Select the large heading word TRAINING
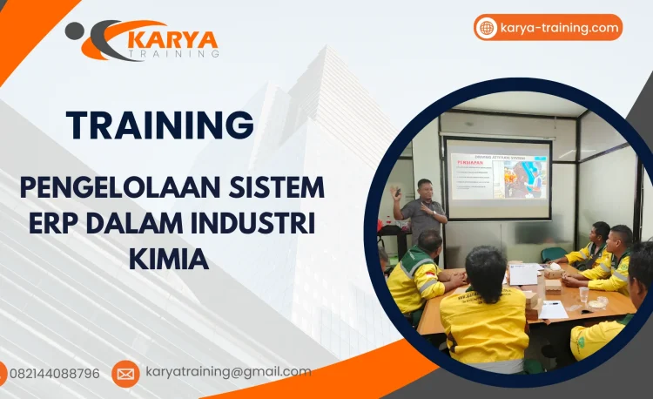pos(160,125)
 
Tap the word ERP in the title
pos(54,222)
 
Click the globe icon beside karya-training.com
pos(487,28)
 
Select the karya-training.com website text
pos(559,28)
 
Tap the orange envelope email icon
pos(125,374)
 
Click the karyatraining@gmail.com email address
pos(228,372)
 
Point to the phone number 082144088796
pos(54,374)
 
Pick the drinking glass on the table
pos(584,294)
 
